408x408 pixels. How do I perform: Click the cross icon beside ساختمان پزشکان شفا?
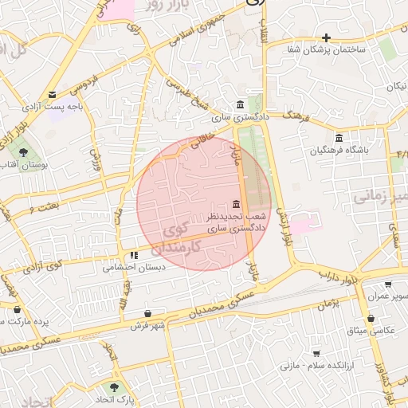click(326, 37)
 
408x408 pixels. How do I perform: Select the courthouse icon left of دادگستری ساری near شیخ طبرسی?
click(240, 104)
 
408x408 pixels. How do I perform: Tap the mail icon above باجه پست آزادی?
click(53, 93)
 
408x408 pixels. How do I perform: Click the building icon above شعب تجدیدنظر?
click(234, 203)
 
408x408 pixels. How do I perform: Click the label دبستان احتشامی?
click(134, 268)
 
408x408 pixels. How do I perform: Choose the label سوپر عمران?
click(388, 296)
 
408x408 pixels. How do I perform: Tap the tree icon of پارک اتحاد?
click(115, 386)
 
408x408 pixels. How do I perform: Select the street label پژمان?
click(328, 304)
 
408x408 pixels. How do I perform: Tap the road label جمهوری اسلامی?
click(202, 26)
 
